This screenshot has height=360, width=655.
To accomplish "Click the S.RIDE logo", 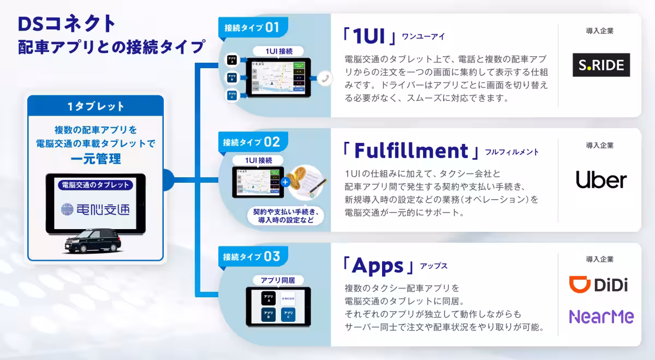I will [x=601, y=65].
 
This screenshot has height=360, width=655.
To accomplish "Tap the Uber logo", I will [x=601, y=179].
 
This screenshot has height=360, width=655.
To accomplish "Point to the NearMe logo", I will [x=601, y=316].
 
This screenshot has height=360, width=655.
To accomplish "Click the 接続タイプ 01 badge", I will [x=252, y=27].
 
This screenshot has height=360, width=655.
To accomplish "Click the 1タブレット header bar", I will [x=96, y=106].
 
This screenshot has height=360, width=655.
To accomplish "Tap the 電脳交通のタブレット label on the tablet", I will [x=96, y=184].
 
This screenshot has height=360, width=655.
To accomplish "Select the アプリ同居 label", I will [x=278, y=280].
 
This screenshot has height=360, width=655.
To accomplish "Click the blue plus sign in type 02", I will [x=285, y=182].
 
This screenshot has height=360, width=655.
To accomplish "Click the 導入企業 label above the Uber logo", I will [x=599, y=146].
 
